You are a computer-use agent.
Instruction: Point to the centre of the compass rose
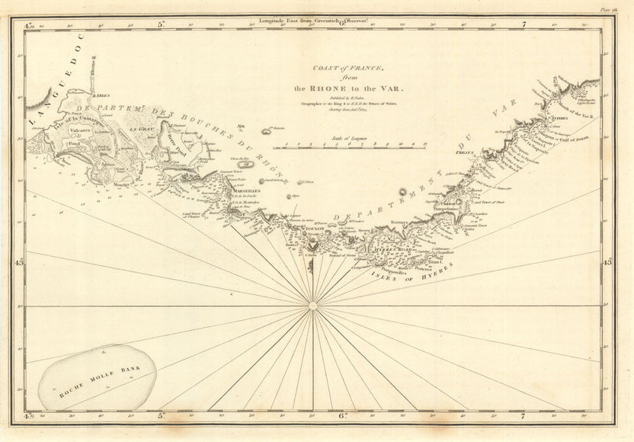(312, 306)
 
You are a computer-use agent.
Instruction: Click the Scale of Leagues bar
(360, 143)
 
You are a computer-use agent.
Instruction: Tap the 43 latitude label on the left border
(20, 262)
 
